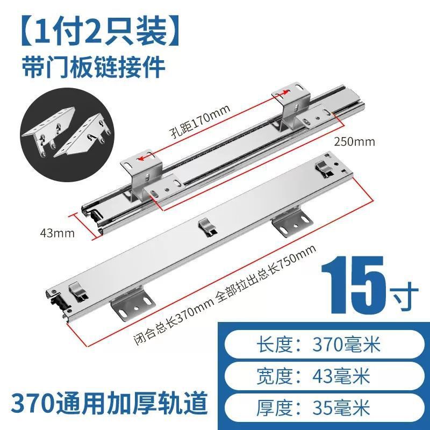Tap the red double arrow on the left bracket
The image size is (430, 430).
pos(143,158)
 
